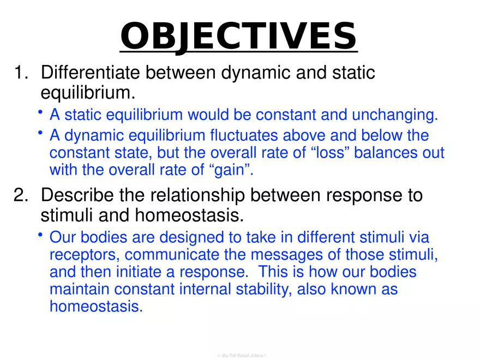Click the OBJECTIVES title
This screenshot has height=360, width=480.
[x=238, y=35]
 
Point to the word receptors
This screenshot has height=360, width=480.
[x=84, y=255]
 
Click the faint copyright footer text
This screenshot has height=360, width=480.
[x=241, y=355]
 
